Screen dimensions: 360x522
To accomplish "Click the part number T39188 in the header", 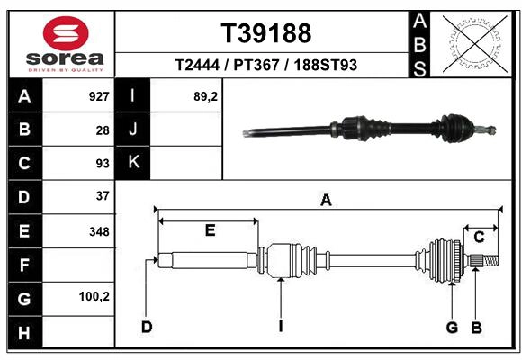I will (x=266, y=33).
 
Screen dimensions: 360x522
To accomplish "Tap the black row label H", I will (x=23, y=333).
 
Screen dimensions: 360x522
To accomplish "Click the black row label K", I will (x=132, y=163).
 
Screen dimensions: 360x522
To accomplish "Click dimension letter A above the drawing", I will (x=326, y=201).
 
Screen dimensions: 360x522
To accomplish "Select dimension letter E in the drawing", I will (x=209, y=230).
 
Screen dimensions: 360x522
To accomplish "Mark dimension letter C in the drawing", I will (x=480, y=237).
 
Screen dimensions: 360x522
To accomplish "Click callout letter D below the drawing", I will (x=146, y=326).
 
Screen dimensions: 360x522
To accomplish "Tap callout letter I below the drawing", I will (x=280, y=326).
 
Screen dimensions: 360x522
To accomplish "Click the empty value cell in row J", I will (x=184, y=130).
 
